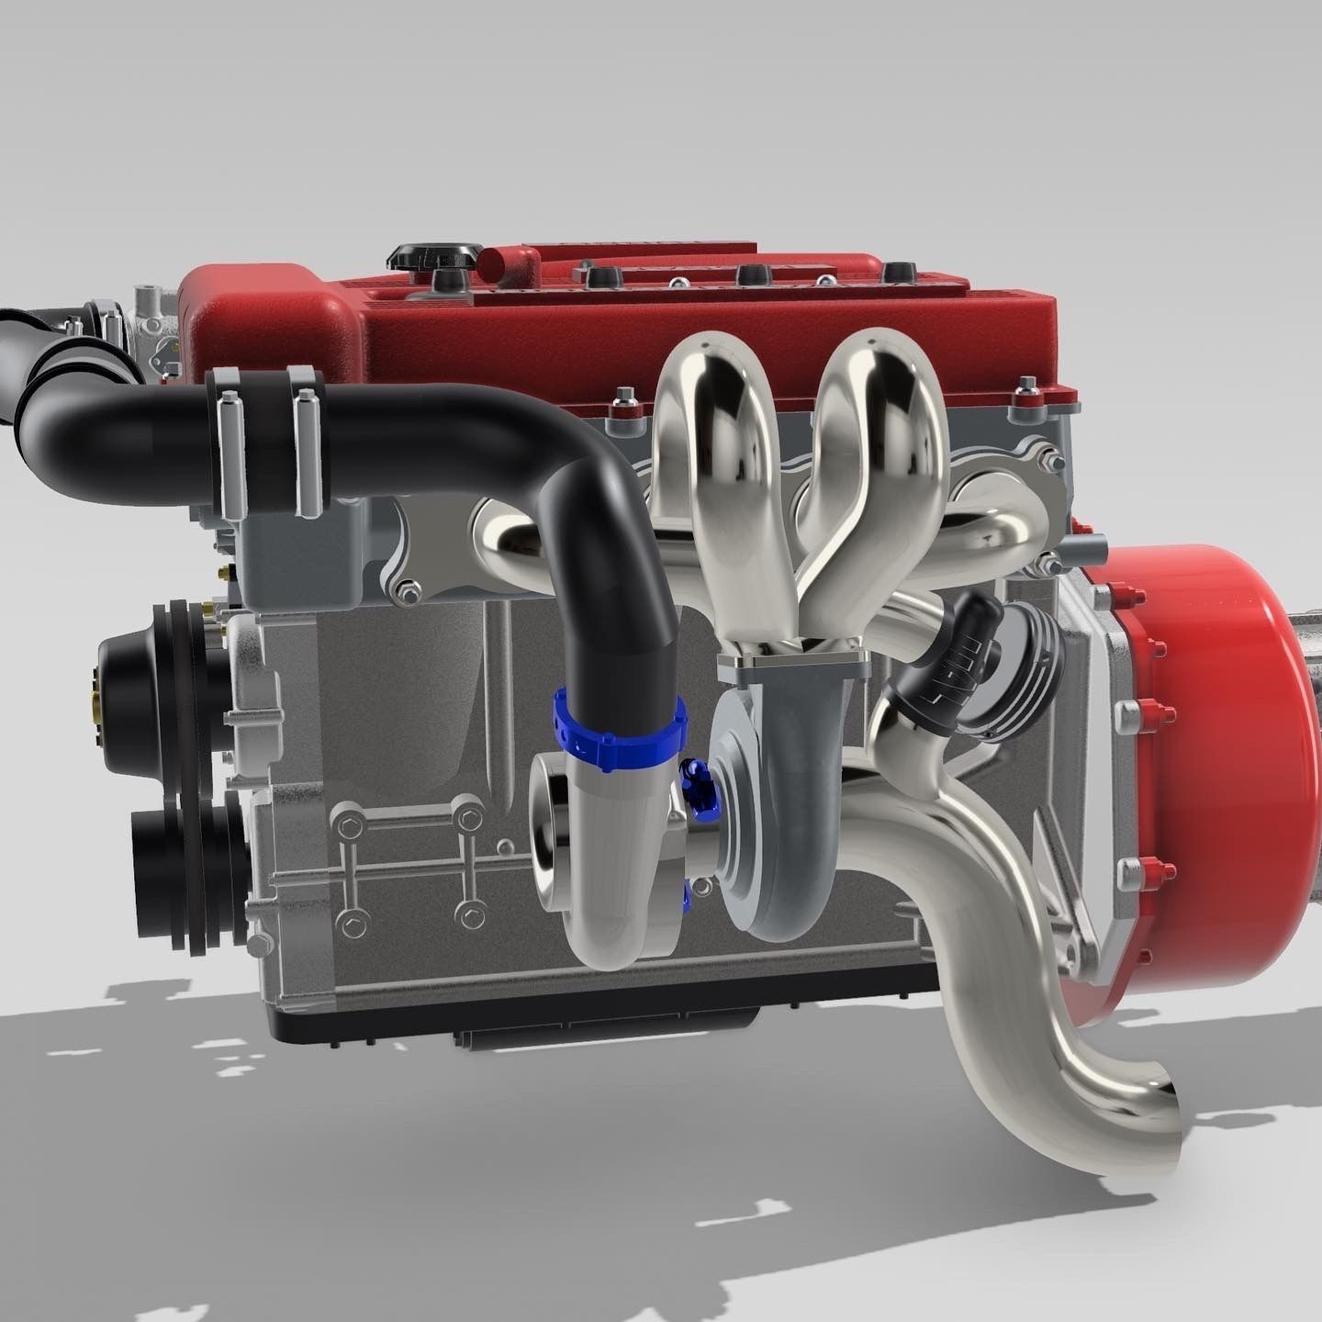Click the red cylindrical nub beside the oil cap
click(x=505, y=262)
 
